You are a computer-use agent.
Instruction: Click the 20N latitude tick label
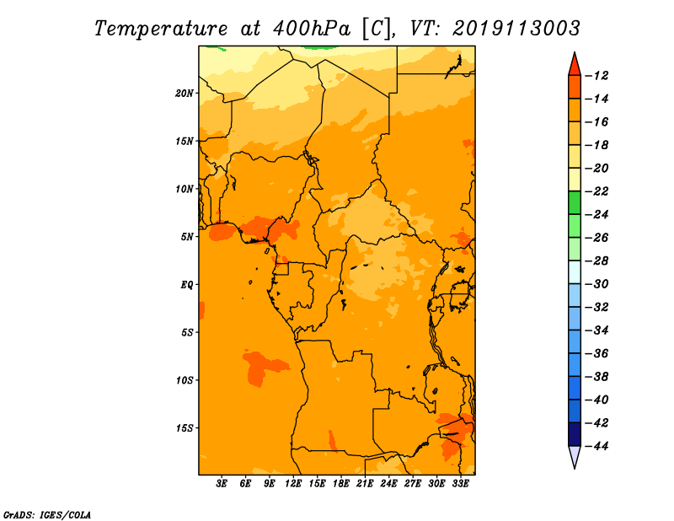pos(185,94)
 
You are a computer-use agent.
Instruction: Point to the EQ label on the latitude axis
pos(187,285)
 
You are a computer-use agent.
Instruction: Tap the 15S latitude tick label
pos(185,428)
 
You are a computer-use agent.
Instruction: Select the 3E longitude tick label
pos(222,484)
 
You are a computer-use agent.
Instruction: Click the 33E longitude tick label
pos(460,484)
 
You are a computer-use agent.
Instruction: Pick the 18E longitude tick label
pos(341,484)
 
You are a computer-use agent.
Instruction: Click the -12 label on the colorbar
pos(596,76)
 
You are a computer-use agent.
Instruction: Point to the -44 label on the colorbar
pos(596,446)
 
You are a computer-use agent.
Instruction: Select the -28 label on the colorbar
pos(596,261)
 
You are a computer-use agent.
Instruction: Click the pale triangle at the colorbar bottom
pos(575,455)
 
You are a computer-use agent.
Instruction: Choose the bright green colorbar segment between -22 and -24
pos(575,203)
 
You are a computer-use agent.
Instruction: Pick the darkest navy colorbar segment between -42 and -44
pos(575,434)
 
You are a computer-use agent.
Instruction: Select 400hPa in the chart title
pos(312,29)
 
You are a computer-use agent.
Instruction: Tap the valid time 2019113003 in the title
pos(516,29)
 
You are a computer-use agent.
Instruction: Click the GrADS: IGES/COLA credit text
pos(47,514)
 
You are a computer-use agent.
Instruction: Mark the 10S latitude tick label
pos(185,380)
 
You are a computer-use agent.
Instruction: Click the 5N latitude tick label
pos(187,237)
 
